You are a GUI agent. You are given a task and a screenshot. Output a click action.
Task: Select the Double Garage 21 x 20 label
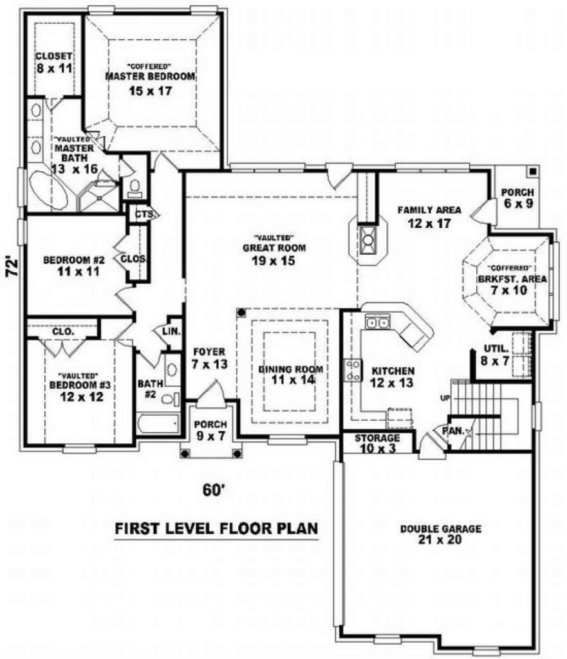[440, 534]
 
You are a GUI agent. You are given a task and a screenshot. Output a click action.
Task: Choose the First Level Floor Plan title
[217, 528]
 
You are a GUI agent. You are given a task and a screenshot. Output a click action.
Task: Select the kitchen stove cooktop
[352, 369]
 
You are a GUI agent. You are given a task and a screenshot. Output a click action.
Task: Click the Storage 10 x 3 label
[377, 443]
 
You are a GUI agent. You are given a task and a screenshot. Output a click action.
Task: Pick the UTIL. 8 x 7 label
[496, 355]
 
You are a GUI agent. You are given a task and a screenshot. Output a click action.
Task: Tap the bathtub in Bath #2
[158, 424]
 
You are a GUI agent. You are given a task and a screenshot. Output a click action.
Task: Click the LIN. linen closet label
[172, 331]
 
